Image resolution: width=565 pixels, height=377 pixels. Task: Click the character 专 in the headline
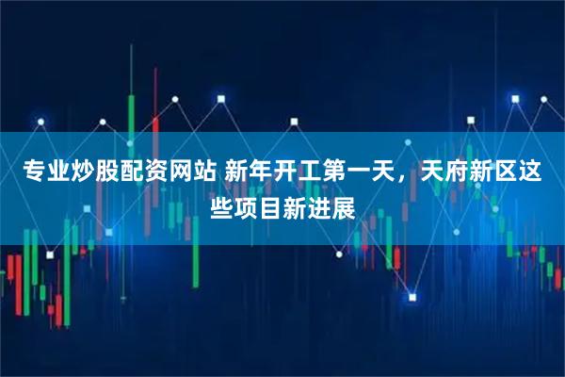click(x=33, y=172)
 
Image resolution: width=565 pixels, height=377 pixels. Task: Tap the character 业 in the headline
click(x=57, y=172)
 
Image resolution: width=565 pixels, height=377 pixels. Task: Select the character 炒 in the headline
click(x=82, y=172)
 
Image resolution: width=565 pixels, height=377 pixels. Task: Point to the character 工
click(x=309, y=172)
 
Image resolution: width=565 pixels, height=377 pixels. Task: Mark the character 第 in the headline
click(x=333, y=172)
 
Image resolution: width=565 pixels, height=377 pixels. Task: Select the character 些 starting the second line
click(x=221, y=205)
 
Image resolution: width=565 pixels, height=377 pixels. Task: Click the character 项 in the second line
click(x=246, y=205)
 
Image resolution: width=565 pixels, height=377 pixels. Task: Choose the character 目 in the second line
click(x=270, y=205)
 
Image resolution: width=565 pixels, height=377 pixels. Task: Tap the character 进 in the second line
click(x=319, y=205)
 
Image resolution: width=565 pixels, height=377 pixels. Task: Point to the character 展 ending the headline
click(x=344, y=205)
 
